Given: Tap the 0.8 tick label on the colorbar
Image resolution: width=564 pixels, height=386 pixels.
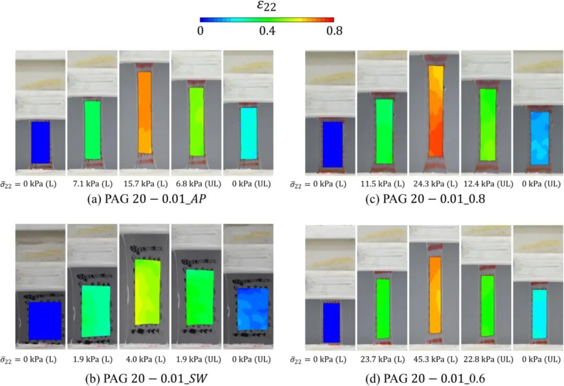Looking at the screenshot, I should click(334, 31).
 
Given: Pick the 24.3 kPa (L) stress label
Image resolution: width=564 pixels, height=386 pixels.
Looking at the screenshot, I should click(433, 184).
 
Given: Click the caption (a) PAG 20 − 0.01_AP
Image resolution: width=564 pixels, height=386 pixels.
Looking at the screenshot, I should click(144, 199).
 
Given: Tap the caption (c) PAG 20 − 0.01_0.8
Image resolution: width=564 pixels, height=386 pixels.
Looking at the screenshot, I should click(433, 199).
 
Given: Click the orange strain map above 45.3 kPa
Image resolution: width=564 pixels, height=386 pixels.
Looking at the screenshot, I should click(434, 295).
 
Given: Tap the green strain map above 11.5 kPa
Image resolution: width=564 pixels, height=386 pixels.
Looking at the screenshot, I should click(384, 131).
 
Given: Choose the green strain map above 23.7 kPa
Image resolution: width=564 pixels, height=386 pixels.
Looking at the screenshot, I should click(383, 308).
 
